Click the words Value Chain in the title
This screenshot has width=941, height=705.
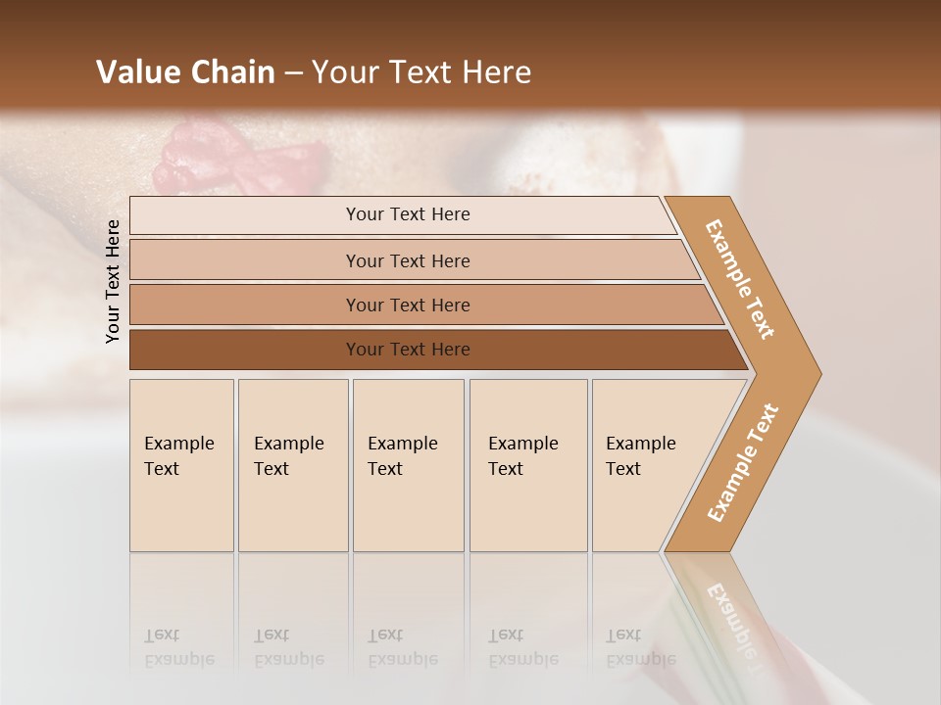point(185,72)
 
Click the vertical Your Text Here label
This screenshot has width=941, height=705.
point(113,281)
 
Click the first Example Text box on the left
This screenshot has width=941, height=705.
point(181,465)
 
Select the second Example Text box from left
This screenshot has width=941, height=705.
point(292,465)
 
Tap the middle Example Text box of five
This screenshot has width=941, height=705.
point(408,465)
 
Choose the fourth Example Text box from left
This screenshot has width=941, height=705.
point(527,465)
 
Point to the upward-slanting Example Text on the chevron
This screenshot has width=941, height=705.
point(743,463)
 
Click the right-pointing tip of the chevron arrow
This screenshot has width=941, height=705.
point(816,373)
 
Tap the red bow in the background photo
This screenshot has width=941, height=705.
point(235,157)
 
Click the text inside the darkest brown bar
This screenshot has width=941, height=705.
point(408,350)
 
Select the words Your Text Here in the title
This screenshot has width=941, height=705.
point(421,72)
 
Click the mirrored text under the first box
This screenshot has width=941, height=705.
point(179,647)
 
